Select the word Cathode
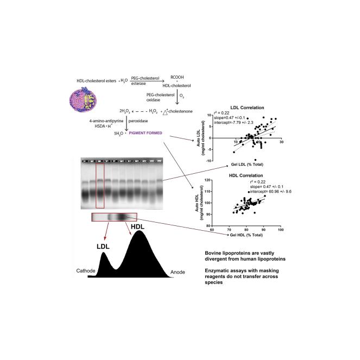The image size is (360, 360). pyautogui.click(x=86, y=270)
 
